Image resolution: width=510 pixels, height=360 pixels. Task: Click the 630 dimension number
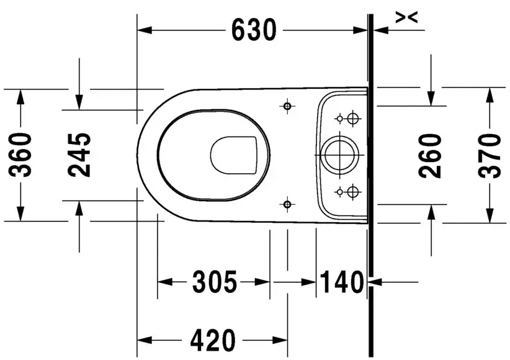(253, 29)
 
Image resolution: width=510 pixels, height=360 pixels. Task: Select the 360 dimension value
(24, 155)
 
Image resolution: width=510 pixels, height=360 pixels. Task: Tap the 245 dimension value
(79, 155)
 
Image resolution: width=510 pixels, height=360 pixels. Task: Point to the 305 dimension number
(214, 283)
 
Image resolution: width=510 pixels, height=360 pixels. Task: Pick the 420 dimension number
(213, 340)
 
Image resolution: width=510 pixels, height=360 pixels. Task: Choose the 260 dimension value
(432, 155)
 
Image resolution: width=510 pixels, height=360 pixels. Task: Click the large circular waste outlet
(338, 153)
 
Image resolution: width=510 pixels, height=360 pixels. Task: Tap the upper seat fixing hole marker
(287, 106)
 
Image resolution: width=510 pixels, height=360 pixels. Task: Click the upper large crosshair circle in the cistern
(352, 118)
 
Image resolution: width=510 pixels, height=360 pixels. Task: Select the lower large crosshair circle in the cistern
(352, 190)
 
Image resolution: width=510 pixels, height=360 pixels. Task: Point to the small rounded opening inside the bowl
(234, 153)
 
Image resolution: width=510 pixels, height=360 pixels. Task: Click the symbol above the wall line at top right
(406, 18)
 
